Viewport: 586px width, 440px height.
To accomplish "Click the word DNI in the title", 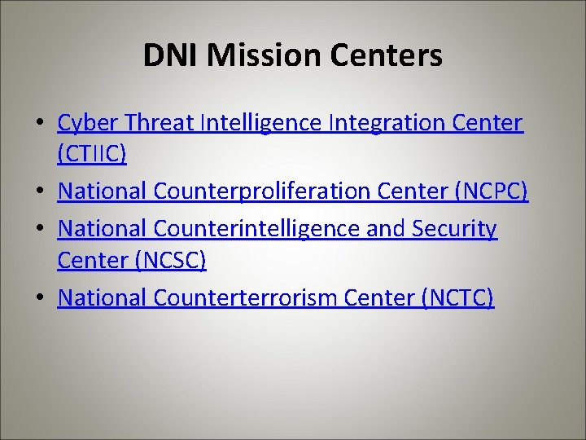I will point(171,55).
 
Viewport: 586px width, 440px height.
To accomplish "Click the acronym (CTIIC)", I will point(92,154).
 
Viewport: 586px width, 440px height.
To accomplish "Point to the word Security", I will point(453,230).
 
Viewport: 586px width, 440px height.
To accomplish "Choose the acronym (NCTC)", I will point(458,297).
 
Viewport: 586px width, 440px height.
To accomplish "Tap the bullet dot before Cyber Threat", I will point(41,125).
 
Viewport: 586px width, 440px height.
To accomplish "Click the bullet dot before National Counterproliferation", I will point(41,193).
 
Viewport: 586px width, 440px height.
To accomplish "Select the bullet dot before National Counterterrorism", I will point(41,299).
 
